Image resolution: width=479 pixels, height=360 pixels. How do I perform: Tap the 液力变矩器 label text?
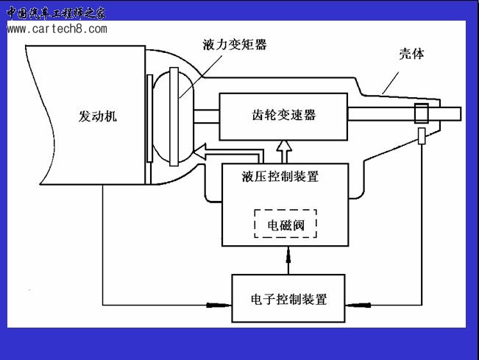coord(234,45)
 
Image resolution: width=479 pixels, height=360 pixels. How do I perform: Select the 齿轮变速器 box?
coord(283,116)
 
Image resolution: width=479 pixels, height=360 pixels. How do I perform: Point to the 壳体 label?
coord(411,54)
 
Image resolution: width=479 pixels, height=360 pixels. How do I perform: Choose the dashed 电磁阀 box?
coord(285,224)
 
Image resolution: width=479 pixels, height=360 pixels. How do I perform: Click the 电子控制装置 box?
coord(288,300)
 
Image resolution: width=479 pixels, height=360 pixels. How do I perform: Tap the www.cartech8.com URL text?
coord(57,29)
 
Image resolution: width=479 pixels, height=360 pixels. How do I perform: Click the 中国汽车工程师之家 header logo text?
coord(56,12)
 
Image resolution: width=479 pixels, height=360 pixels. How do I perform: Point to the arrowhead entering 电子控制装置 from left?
coord(218,303)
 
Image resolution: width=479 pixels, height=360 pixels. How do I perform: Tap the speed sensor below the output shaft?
coord(421,136)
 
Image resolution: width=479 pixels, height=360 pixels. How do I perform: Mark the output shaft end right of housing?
coord(452,114)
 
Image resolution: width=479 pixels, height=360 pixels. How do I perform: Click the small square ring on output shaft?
coord(421,114)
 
